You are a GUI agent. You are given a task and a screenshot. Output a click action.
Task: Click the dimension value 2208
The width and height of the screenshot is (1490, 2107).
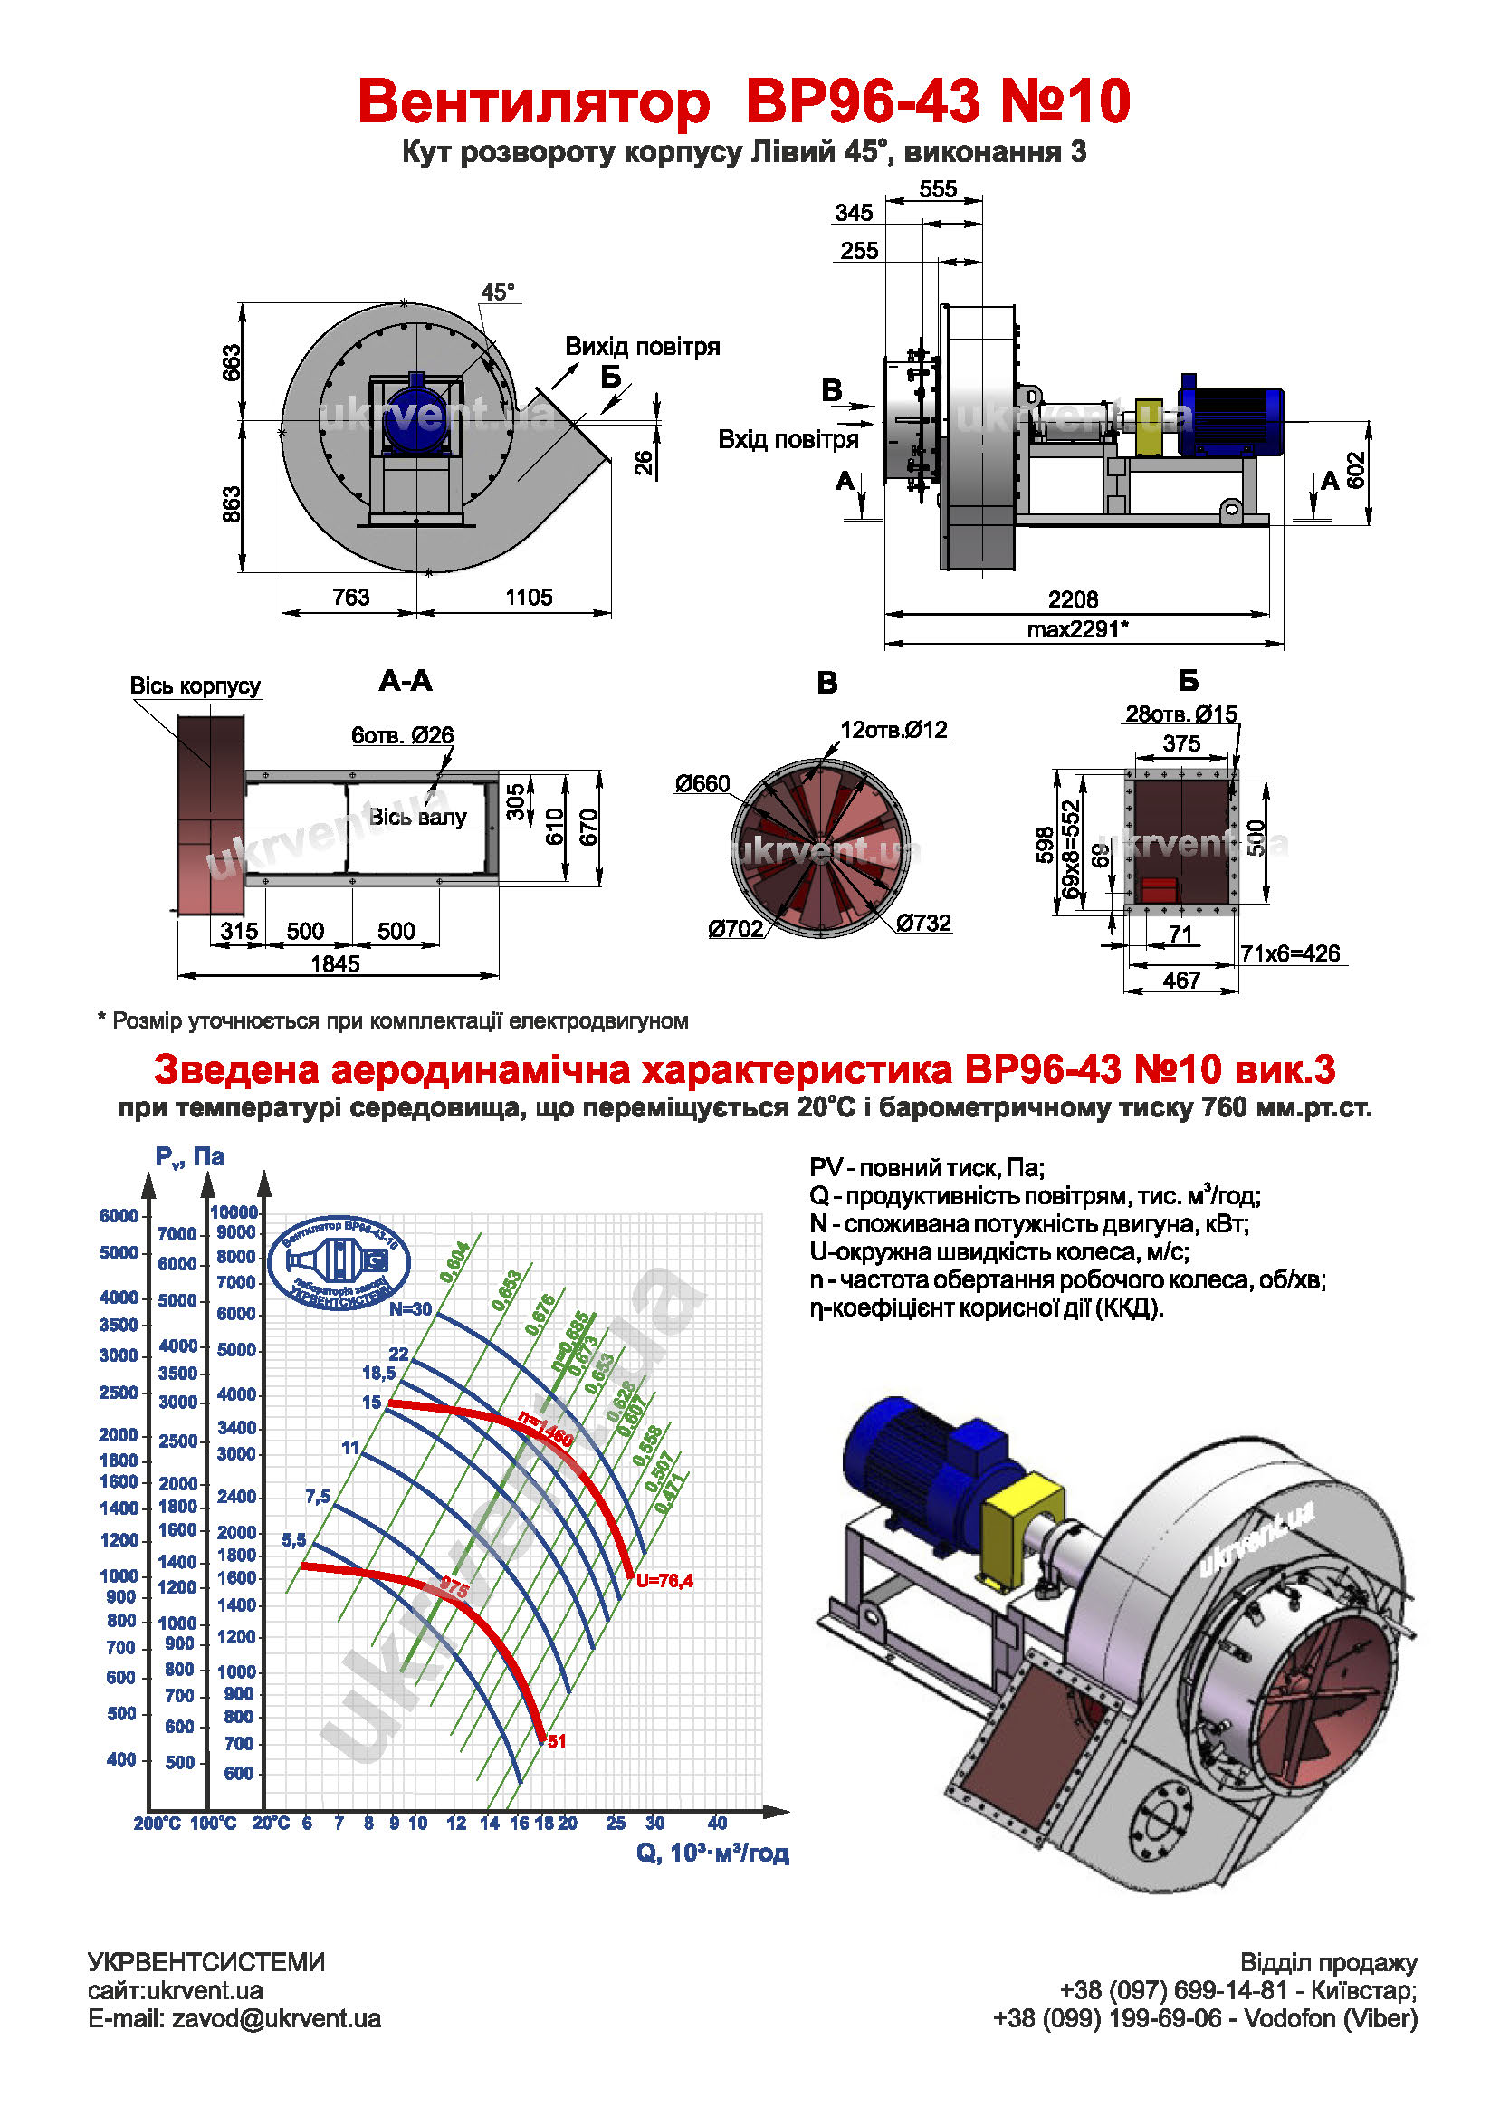click(x=1073, y=599)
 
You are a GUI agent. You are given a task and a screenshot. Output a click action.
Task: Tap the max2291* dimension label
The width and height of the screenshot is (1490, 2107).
click(x=1077, y=629)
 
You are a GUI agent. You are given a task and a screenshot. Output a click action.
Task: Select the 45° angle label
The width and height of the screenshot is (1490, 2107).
click(x=498, y=292)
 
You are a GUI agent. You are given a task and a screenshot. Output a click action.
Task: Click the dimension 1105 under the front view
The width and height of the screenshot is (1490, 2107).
click(x=529, y=598)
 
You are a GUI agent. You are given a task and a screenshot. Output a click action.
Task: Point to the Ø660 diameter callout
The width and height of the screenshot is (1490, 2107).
click(x=702, y=784)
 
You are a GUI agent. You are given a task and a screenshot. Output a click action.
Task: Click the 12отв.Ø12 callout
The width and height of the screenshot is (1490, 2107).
click(x=893, y=730)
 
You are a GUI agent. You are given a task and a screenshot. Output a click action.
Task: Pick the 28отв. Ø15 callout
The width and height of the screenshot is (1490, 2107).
click(x=1180, y=714)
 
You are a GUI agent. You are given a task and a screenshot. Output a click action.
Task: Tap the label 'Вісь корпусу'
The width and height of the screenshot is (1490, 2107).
click(x=195, y=685)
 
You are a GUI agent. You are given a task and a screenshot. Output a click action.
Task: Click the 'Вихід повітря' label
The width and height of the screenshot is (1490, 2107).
click(x=642, y=347)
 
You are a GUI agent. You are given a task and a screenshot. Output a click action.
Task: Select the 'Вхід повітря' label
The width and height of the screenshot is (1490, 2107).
click(x=788, y=439)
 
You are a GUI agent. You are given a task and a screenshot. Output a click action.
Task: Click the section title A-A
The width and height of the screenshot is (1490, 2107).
click(x=406, y=681)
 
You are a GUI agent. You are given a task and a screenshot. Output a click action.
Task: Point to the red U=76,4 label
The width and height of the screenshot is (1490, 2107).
click(x=664, y=1580)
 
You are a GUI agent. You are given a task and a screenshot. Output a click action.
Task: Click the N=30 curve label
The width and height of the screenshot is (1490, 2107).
click(x=410, y=1309)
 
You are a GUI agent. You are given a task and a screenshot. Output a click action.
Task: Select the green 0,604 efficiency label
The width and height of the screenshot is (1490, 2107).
click(x=455, y=1262)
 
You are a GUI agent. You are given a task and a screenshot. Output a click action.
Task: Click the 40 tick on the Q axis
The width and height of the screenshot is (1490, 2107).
click(x=718, y=1823)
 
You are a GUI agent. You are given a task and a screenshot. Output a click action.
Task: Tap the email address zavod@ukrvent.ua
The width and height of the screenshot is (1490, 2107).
click(x=276, y=2019)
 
